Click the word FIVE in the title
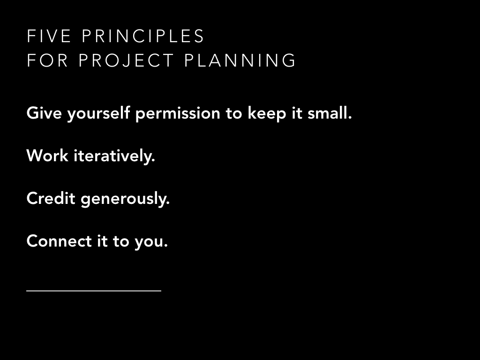click(49, 36)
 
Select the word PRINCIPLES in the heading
click(143, 36)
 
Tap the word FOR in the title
click(47, 60)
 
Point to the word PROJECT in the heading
click(126, 60)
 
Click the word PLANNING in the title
click(240, 60)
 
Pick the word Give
click(44, 113)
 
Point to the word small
click(330, 112)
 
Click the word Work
click(47, 156)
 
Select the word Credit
click(51, 198)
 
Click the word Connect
click(59, 241)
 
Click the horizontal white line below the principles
click(94, 291)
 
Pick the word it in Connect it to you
click(102, 241)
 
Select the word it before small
click(297, 113)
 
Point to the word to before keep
click(234, 113)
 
